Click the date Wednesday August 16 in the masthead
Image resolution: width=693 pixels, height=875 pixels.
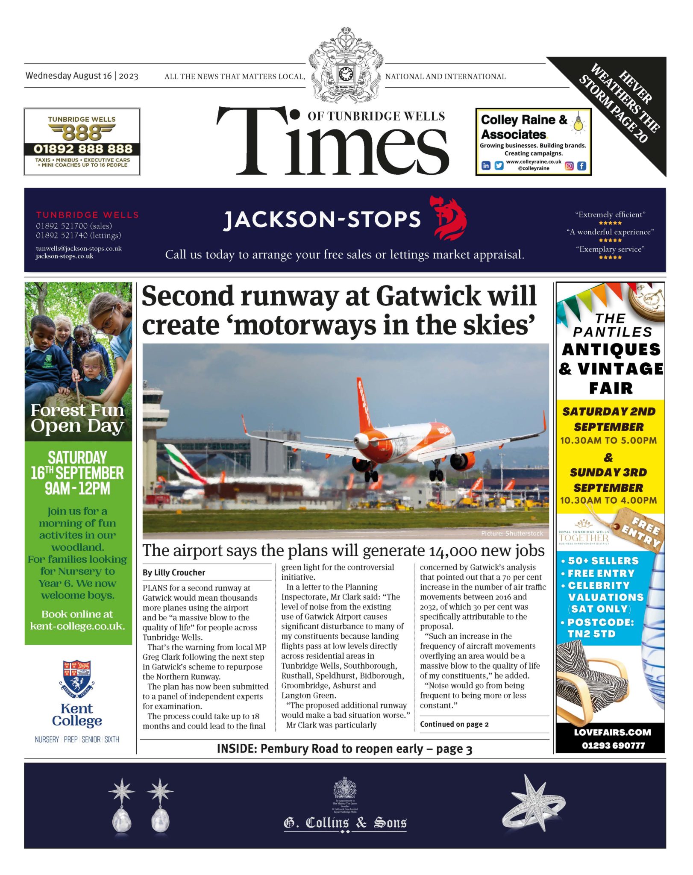[68, 76]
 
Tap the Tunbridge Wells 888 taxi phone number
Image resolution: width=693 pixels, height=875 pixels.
[82, 149]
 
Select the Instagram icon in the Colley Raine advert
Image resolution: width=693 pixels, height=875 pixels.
[569, 166]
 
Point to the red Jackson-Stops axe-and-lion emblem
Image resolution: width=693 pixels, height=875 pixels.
[450, 218]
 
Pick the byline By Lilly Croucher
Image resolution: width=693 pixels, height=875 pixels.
[174, 573]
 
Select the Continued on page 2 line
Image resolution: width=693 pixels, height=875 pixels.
[454, 724]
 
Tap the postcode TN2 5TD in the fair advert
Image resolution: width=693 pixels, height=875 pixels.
[591, 634]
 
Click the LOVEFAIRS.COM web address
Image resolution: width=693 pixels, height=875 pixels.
[612, 732]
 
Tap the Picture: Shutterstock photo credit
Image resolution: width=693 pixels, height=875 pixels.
[512, 533]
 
